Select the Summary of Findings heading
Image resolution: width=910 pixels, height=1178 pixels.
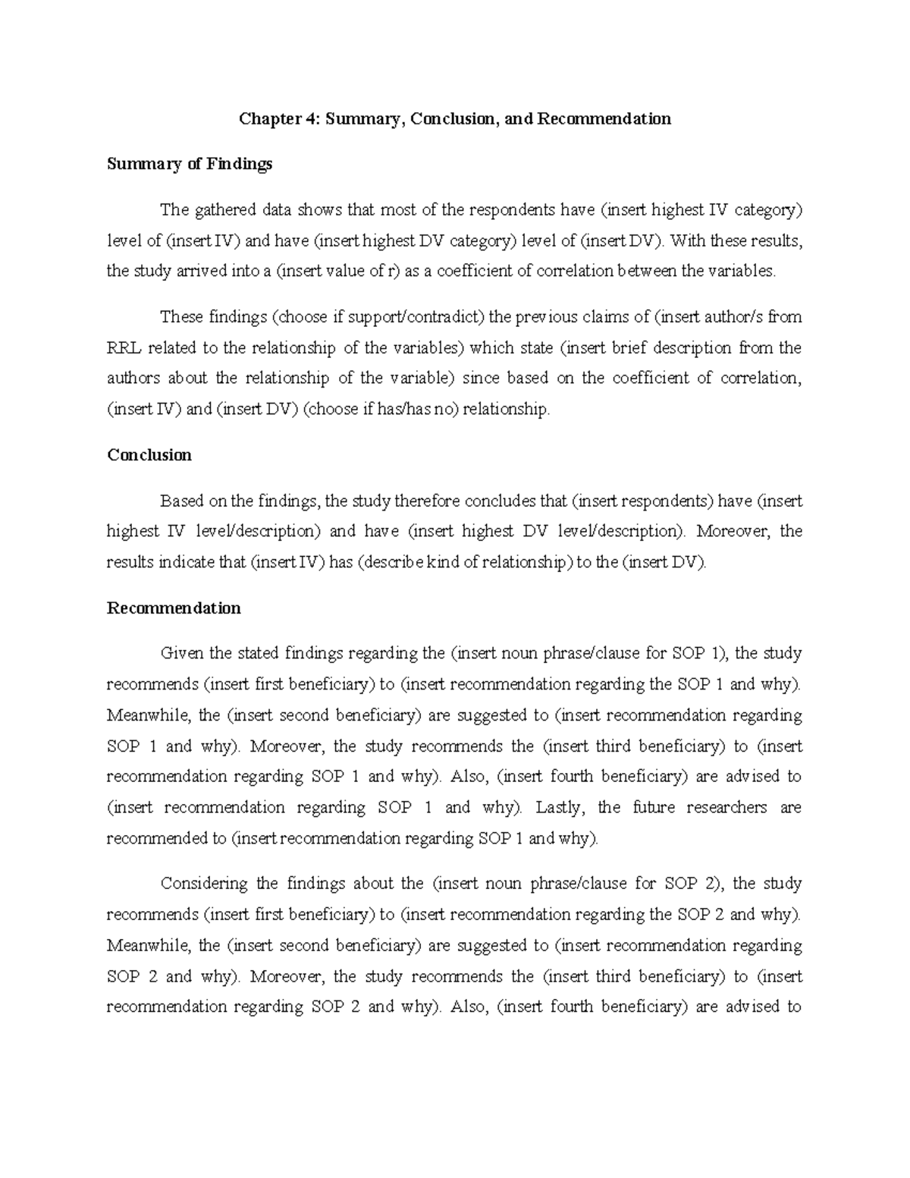click(189, 164)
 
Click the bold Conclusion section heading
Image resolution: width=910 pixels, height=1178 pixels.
click(149, 455)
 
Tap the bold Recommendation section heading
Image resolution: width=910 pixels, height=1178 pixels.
click(174, 608)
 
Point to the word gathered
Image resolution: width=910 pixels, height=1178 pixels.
click(223, 210)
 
